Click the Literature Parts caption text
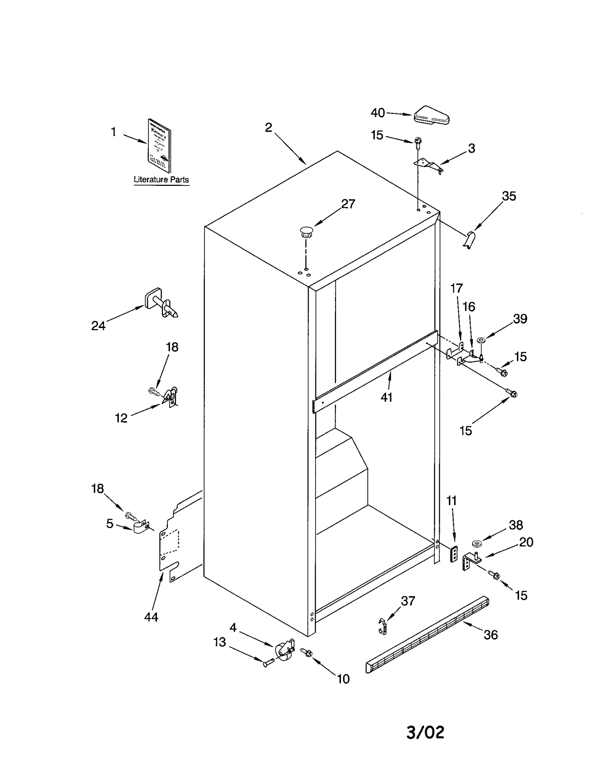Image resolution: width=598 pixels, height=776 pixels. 161,180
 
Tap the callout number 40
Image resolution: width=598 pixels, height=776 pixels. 377,113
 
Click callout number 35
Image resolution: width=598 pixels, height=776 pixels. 509,196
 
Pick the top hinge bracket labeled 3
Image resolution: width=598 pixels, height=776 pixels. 428,165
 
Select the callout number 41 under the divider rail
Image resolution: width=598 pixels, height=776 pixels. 386,397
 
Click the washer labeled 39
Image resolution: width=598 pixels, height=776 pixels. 481,340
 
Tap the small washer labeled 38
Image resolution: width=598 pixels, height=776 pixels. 477,543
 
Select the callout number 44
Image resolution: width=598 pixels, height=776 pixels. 151,617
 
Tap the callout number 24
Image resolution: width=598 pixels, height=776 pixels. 98,326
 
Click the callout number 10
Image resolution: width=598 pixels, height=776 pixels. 343,679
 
